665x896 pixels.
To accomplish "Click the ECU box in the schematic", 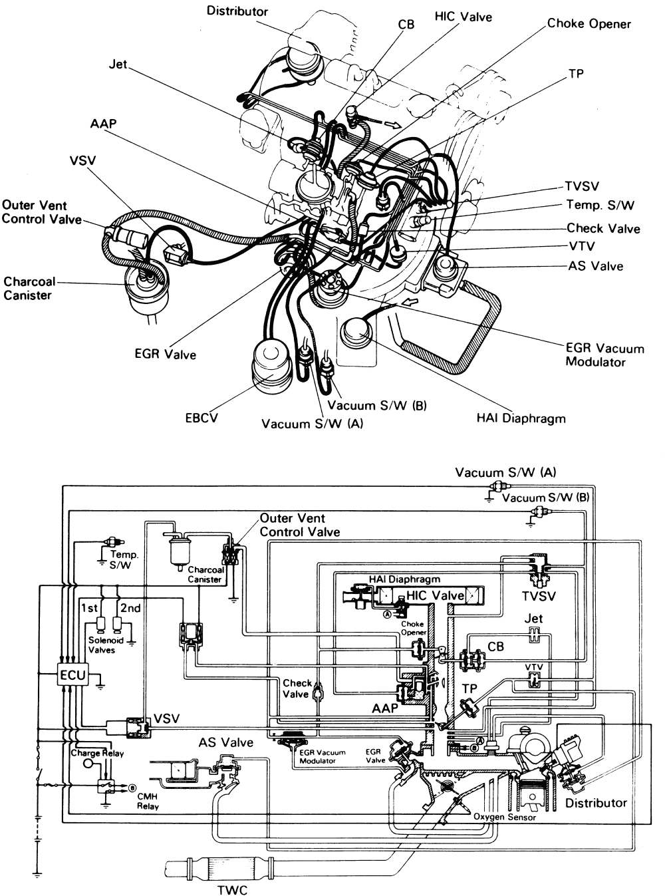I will (x=72, y=674).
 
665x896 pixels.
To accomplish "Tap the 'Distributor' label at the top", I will (x=237, y=11).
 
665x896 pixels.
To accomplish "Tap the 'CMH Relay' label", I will (x=148, y=800).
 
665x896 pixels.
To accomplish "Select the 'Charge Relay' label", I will (x=97, y=754).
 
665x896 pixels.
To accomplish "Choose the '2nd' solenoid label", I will (x=130, y=608).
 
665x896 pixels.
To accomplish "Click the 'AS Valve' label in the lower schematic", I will (x=225, y=742).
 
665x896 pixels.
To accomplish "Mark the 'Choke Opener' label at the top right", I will (x=589, y=24).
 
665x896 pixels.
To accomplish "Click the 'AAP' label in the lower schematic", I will (x=384, y=708).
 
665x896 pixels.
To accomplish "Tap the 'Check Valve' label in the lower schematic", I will (x=297, y=688).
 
